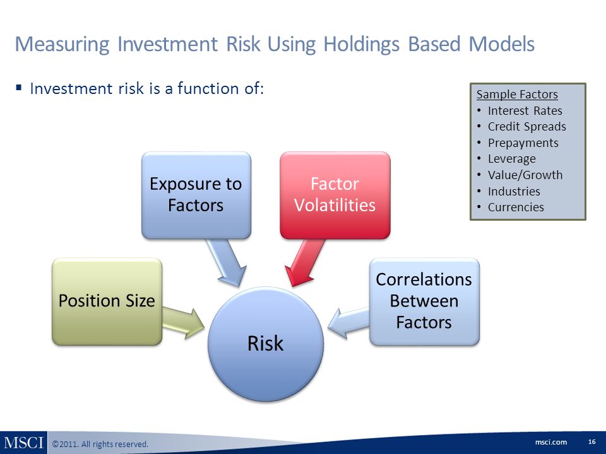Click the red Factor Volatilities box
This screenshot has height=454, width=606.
pyautogui.click(x=335, y=195)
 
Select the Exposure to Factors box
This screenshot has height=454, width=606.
pyautogui.click(x=196, y=195)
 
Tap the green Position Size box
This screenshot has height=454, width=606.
pyautogui.click(x=107, y=301)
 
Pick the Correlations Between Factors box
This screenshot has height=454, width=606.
pyautogui.click(x=424, y=301)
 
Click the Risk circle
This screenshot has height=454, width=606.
pyautogui.click(x=266, y=344)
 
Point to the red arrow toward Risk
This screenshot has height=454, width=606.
pyautogui.click(x=304, y=262)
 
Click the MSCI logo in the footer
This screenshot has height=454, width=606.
pyautogui.click(x=23, y=443)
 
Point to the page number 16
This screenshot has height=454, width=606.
pyautogui.click(x=591, y=441)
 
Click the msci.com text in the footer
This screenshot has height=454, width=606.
pyautogui.click(x=551, y=442)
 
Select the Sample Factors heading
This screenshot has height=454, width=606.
pyautogui.click(x=517, y=94)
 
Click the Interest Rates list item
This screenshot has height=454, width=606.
pyautogui.click(x=525, y=110)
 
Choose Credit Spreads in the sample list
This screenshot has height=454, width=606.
pyautogui.click(x=526, y=127)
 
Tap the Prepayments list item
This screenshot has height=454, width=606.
pyautogui.click(x=523, y=143)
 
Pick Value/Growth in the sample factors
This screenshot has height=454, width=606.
pyautogui.click(x=525, y=175)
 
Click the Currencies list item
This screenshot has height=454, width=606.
pyautogui.click(x=516, y=207)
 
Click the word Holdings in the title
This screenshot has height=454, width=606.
pyautogui.click(x=361, y=44)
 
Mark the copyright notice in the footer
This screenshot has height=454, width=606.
pyautogui.click(x=100, y=444)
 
